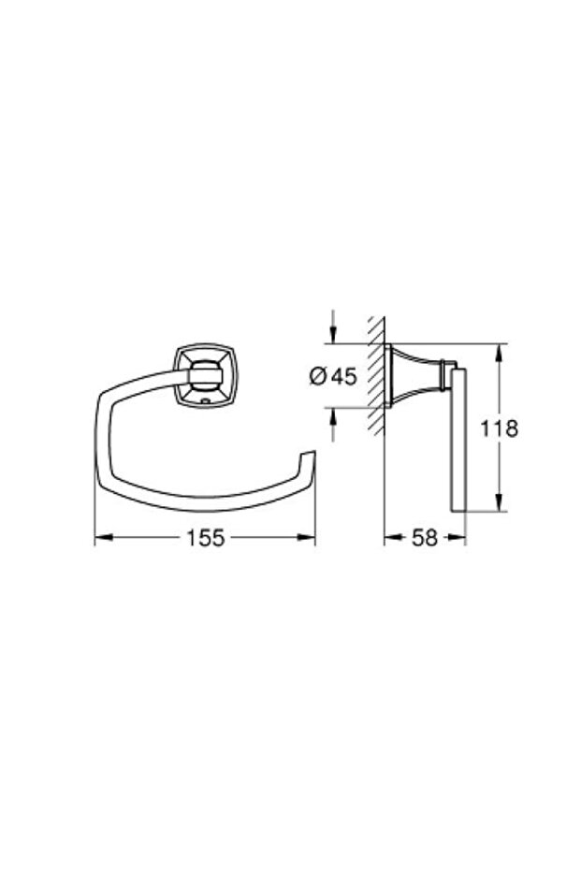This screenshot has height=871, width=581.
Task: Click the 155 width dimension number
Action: (205, 538)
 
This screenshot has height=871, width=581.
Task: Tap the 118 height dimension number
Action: (499, 428)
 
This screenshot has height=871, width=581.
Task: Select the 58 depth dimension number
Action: (425, 538)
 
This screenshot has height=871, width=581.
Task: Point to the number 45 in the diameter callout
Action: (343, 377)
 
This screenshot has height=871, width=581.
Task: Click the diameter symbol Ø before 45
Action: (317, 377)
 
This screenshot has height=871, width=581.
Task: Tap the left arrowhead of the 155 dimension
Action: (104, 537)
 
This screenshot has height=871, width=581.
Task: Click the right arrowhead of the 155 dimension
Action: (307, 537)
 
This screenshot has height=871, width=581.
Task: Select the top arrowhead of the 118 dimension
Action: (500, 353)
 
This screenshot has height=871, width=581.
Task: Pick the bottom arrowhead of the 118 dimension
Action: (500, 501)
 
